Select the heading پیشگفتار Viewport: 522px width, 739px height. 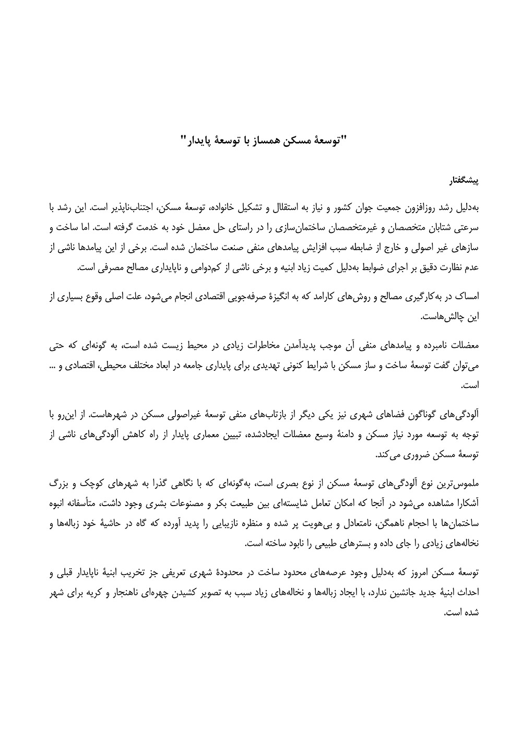point(463,182)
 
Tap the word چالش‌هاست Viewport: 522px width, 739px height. point(447,316)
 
